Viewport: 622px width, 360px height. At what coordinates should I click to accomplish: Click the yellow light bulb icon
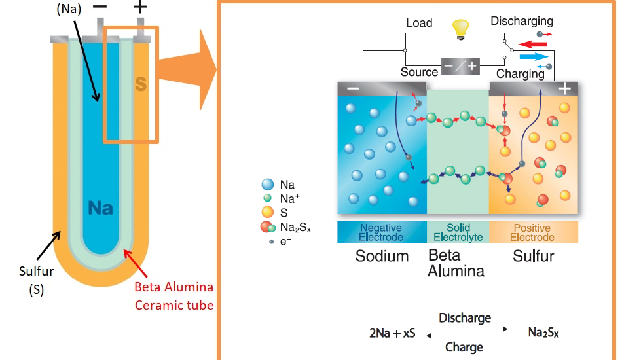tap(462, 27)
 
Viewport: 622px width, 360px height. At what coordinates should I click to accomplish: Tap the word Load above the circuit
tap(419, 23)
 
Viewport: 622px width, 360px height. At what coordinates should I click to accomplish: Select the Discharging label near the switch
tap(522, 22)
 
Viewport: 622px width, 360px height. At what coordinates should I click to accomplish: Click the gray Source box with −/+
tap(461, 65)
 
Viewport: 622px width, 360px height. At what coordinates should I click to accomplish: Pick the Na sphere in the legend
tap(267, 185)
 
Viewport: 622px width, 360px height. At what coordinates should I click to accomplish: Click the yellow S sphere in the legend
tap(267, 212)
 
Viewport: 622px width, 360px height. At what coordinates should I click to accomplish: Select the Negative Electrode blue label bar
tap(382, 232)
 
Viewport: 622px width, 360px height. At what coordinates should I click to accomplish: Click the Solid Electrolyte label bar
tap(458, 232)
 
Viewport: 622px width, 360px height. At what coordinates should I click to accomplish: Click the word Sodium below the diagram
tap(382, 256)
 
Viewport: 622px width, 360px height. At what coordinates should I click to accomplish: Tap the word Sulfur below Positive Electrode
tap(533, 256)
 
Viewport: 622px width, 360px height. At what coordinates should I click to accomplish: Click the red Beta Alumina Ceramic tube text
tap(174, 296)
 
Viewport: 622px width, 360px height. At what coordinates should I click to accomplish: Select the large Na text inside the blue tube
tap(100, 208)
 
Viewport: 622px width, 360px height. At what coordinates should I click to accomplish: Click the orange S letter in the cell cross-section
tap(141, 84)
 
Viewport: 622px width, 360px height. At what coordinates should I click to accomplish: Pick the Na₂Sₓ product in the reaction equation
tap(543, 333)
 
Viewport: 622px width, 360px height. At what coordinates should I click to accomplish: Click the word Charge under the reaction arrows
tap(464, 347)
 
